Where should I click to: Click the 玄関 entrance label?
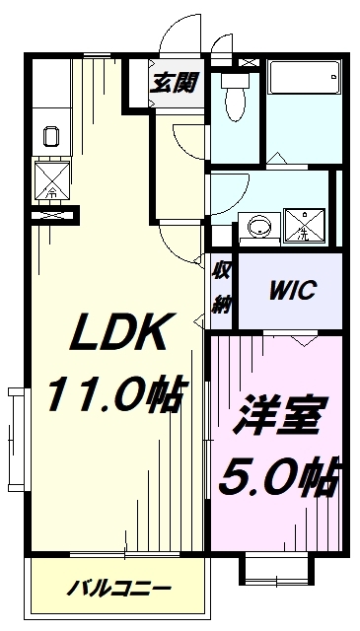(174, 83)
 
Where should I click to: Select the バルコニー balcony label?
(118, 590)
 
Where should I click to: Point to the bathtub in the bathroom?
(304, 77)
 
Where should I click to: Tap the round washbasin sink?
(260, 228)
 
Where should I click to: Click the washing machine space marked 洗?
(304, 226)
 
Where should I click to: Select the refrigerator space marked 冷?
(52, 179)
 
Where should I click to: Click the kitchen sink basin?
(51, 136)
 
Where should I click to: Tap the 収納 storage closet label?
(222, 288)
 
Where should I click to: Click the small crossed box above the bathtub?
(249, 63)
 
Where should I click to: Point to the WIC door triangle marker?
(305, 339)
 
